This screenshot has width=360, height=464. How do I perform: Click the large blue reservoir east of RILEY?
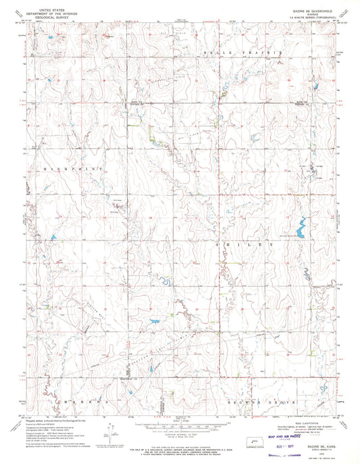coord(298,231)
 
